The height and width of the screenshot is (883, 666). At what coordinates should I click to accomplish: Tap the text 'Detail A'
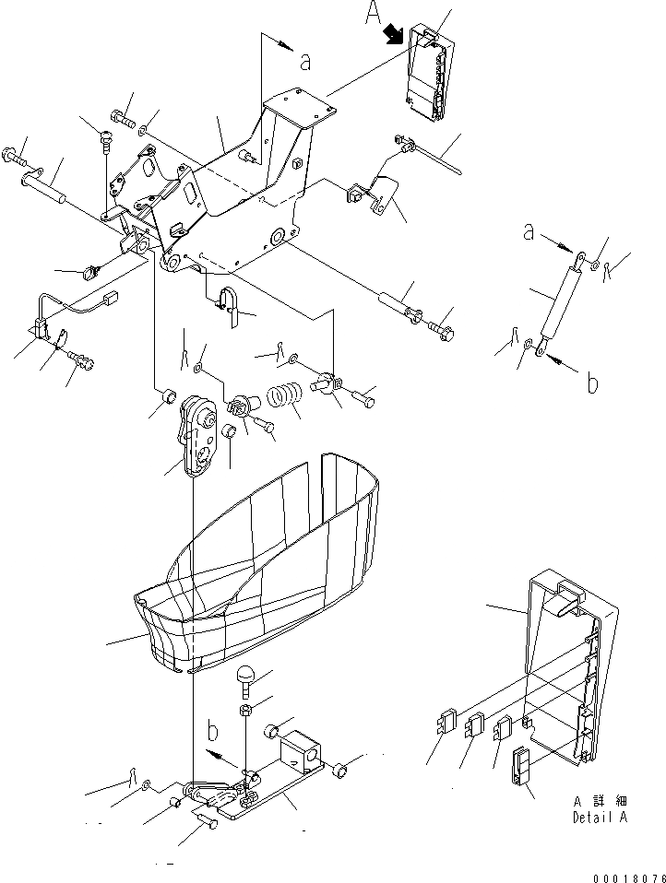coord(600,818)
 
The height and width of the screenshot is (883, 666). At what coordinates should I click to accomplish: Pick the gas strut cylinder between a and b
coord(559,305)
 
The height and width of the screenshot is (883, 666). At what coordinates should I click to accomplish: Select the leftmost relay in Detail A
coord(446,721)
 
